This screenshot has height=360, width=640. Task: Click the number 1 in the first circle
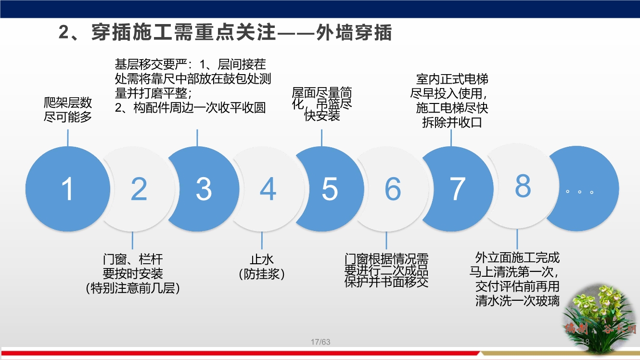point(67,189)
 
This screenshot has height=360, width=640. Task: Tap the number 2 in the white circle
point(139,189)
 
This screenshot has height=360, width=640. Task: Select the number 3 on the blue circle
point(204,189)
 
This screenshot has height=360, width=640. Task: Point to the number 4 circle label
point(268,189)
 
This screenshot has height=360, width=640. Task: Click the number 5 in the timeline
point(330,189)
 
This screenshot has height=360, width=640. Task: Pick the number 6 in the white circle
point(393,189)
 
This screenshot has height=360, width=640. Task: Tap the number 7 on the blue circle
point(457,189)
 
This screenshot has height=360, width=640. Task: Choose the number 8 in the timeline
point(523,185)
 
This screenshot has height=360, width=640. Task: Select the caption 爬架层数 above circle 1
point(68,103)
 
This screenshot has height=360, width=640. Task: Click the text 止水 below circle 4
point(262,260)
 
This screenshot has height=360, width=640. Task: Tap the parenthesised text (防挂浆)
point(262,274)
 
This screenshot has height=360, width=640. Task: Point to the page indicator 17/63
point(320,342)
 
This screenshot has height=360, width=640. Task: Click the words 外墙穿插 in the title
point(355,33)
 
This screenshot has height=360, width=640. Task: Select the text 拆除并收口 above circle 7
point(452,122)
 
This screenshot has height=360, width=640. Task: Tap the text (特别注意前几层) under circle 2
point(133,288)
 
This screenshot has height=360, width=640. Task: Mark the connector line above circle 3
point(197,138)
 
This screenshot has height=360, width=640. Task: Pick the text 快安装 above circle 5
point(322,116)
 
